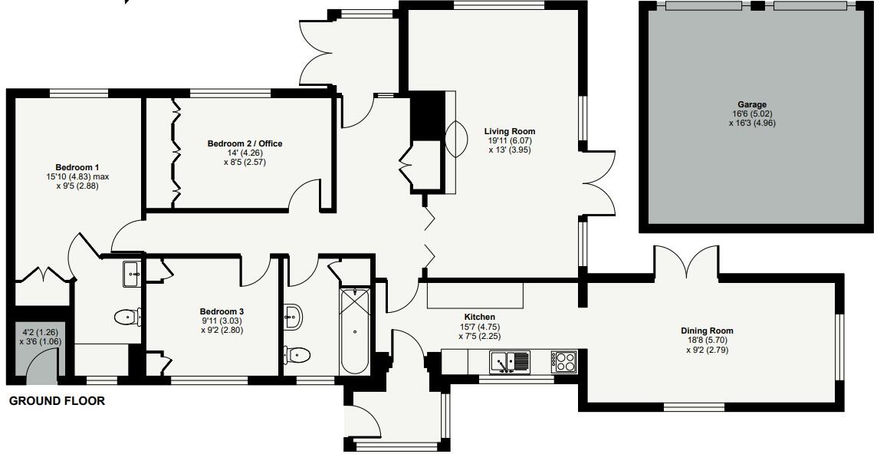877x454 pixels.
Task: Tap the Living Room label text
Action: pyautogui.click(x=510, y=131)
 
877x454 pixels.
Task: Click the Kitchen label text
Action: pyautogui.click(x=480, y=317)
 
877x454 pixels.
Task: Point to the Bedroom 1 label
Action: pyautogui.click(x=77, y=167)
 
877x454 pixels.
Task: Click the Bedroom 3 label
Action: pyautogui.click(x=201, y=311)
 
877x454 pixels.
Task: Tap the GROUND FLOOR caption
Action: pyautogui.click(x=57, y=401)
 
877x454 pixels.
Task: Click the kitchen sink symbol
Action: pyautogui.click(x=511, y=360)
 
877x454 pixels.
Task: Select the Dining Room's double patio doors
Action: pyautogui.click(x=687, y=262)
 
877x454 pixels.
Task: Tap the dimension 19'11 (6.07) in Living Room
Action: pyautogui.click(x=510, y=141)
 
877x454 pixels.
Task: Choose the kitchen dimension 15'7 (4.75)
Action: pyautogui.click(x=480, y=326)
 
